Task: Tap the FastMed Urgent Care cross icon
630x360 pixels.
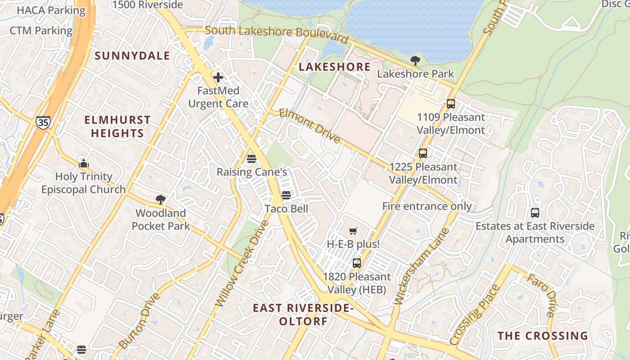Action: [x=218, y=77]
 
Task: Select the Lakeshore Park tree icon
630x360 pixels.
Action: [x=415, y=60]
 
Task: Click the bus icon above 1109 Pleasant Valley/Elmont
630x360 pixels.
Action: [x=451, y=104]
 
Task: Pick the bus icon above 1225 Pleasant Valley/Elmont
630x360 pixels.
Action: [x=423, y=153]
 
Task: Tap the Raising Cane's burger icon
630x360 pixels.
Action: [x=252, y=158]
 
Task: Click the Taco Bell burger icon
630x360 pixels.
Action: [x=286, y=195]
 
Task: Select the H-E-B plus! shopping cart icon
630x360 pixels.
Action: [x=353, y=231]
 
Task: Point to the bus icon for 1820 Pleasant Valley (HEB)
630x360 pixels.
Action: [x=357, y=263]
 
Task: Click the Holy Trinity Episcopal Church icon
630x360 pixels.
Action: [x=83, y=163]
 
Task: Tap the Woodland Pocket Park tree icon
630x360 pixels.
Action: [x=161, y=199]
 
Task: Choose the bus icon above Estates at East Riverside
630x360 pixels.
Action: [x=535, y=213]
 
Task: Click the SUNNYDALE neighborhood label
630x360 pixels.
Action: [x=133, y=56]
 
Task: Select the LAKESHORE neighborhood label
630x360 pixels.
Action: [x=335, y=67]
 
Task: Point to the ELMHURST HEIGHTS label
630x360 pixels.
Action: [x=117, y=126]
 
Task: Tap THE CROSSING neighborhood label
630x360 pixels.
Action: [x=543, y=336]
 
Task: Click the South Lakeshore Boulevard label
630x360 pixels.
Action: [x=276, y=34]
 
